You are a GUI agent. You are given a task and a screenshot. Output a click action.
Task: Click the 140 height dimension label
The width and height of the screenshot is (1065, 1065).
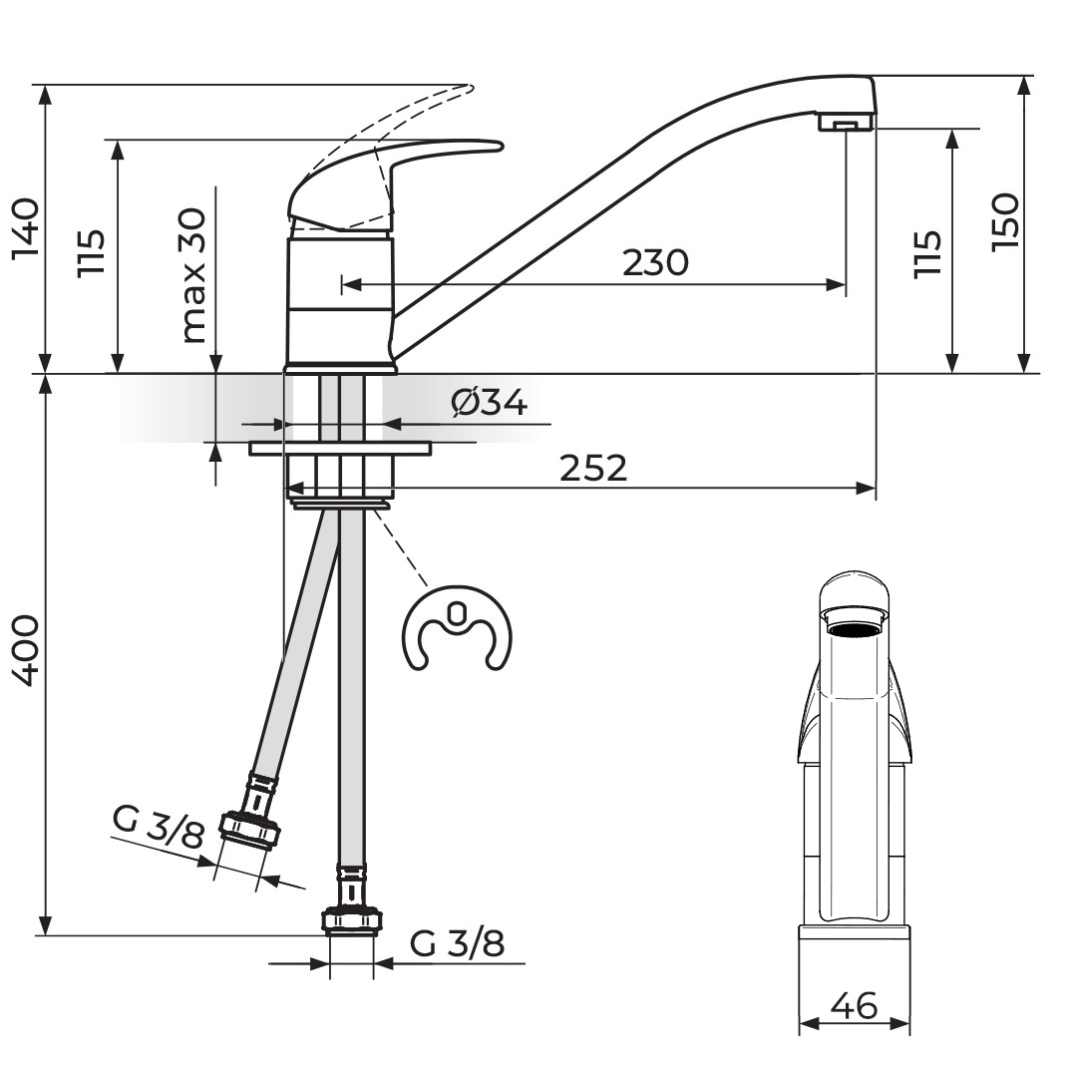click(25, 229)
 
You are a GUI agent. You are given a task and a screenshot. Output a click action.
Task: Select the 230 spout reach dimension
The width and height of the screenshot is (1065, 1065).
click(655, 262)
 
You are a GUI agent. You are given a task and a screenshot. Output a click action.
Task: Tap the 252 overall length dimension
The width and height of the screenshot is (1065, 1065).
click(593, 468)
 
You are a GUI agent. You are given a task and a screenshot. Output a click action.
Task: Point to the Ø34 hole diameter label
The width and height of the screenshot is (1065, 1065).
click(489, 403)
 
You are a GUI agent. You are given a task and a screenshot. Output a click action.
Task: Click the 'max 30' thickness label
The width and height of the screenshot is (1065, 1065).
click(192, 275)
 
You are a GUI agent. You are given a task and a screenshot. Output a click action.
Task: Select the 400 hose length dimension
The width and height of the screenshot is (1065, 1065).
click(25, 651)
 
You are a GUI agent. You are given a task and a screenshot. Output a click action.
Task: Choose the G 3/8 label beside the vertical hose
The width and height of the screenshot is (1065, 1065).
click(457, 943)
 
